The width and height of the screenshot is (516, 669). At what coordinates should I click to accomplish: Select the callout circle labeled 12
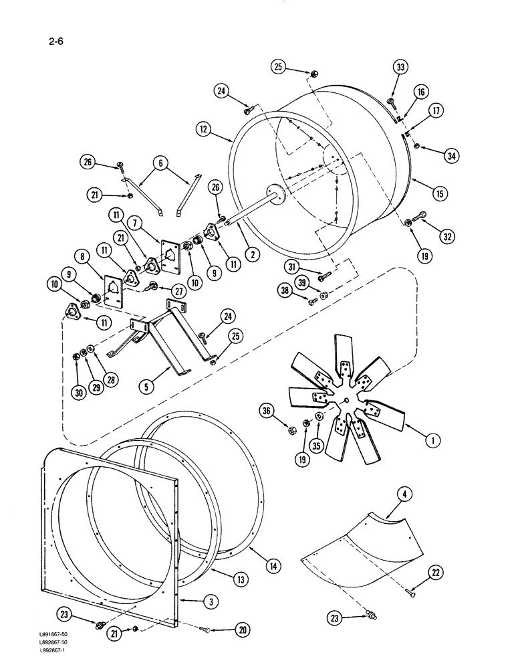click(x=205, y=126)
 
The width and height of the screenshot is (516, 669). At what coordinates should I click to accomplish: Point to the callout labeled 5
click(x=146, y=385)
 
